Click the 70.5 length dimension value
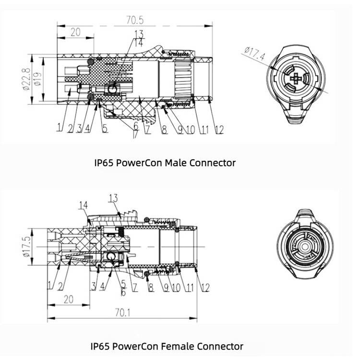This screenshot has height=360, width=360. tap(135, 20)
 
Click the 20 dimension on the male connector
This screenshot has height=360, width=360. tap(75, 32)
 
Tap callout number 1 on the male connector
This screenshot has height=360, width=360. tap(60, 128)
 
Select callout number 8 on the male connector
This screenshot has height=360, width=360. tap(164, 128)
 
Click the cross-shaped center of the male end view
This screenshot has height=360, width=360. tap(298, 79)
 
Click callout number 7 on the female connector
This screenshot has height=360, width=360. tap(135, 288)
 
